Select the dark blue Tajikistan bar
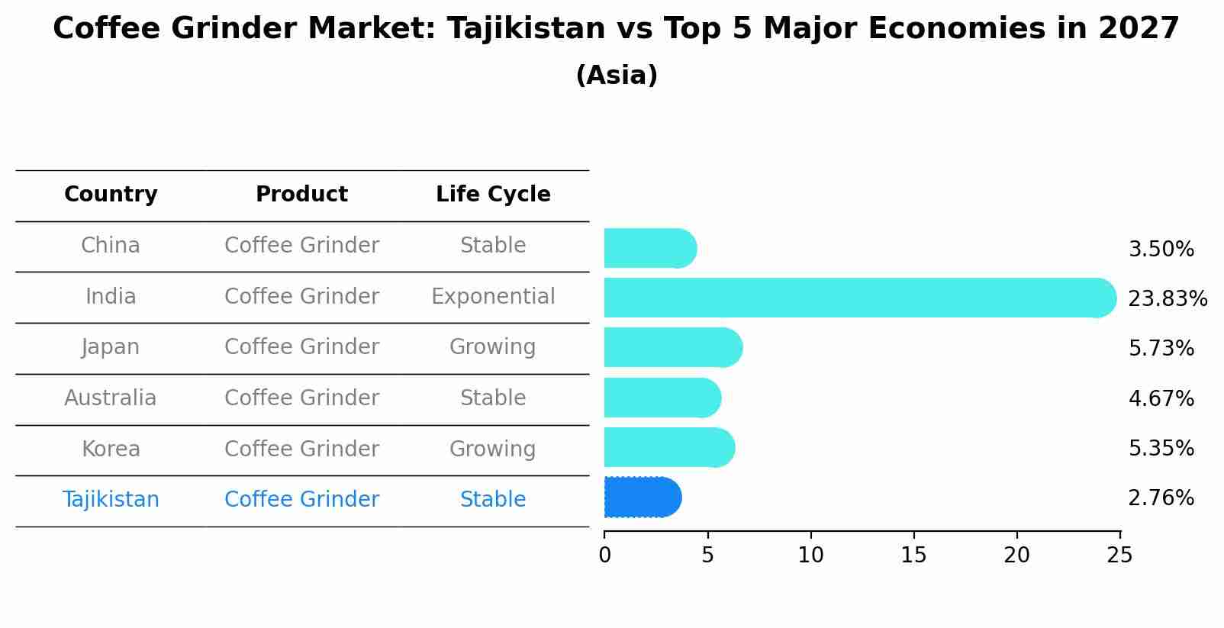[642, 498]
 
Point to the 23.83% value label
[1167, 298]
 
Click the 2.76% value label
[1161, 498]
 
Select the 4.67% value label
[1161, 398]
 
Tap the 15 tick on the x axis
[913, 556]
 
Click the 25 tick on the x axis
[1119, 556]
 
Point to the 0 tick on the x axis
[604, 556]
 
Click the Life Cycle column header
[493, 195]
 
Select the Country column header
[111, 195]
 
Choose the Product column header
[301, 195]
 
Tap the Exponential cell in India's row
[493, 296]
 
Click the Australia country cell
[111, 398]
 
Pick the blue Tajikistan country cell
[111, 500]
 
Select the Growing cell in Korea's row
[493, 449]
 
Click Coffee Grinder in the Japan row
[301, 347]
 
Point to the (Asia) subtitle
[617, 76]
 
